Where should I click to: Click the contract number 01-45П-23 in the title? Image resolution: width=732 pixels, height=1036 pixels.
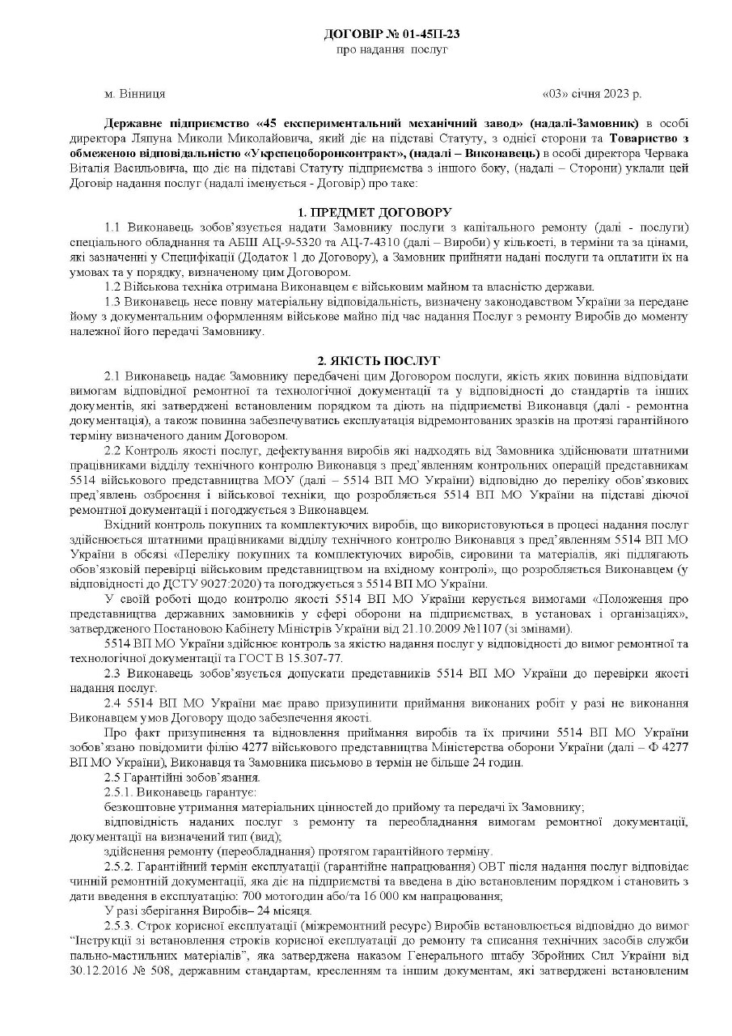(427, 34)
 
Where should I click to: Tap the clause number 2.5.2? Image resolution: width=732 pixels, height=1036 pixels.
(119, 864)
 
